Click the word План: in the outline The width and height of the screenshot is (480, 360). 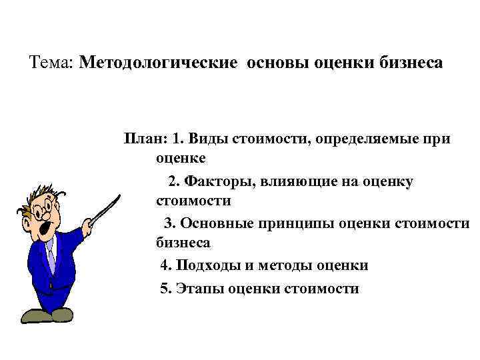[145, 139]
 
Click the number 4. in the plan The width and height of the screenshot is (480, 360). [166, 265]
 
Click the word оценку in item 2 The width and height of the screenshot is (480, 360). [389, 181]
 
